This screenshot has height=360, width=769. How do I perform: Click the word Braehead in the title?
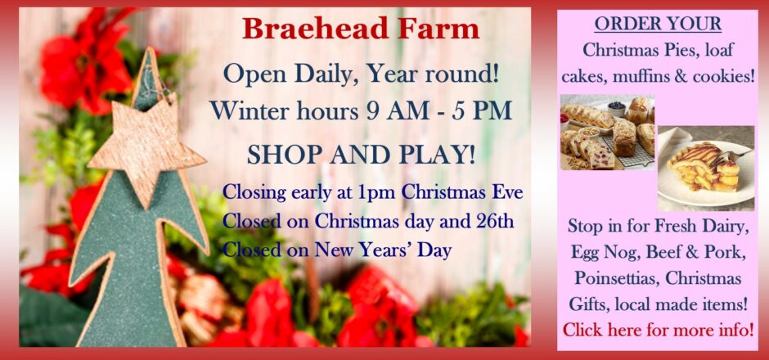(x=315, y=29)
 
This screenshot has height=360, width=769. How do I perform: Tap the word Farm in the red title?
(x=438, y=29)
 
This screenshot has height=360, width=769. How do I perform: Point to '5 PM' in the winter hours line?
(x=487, y=110)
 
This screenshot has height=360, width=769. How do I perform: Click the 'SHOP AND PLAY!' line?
(x=362, y=155)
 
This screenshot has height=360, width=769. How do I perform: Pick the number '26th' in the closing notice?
(x=495, y=221)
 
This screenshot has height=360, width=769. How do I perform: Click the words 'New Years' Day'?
(x=383, y=250)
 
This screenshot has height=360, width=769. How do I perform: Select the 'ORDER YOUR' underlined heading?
(x=658, y=24)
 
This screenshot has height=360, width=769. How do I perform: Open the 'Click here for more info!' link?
(x=658, y=329)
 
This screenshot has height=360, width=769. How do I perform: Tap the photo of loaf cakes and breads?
(x=607, y=132)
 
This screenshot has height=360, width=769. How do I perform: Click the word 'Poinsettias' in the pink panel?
(x=613, y=277)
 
